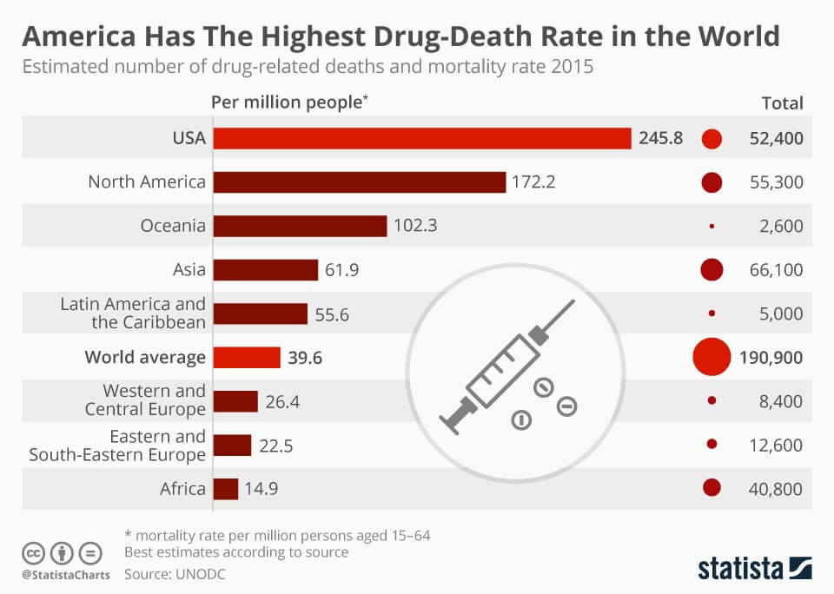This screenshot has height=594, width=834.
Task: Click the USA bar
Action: pyautogui.click(x=421, y=138)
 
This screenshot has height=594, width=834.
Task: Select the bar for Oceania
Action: pyautogui.click(x=300, y=226)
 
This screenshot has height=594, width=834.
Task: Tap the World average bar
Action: pyautogui.click(x=247, y=357)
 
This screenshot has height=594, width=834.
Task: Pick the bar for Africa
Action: pyautogui.click(x=225, y=488)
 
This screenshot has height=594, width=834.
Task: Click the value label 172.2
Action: pyautogui.click(x=533, y=182)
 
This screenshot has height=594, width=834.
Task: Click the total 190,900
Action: pyautogui.click(x=771, y=357)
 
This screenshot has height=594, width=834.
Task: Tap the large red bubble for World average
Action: pyautogui.click(x=712, y=357)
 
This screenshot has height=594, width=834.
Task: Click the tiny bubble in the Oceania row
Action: pyautogui.click(x=712, y=226)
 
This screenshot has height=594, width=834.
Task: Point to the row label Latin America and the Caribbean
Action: pyautogui.click(x=133, y=313)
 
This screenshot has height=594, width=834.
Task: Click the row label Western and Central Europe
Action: pyautogui.click(x=145, y=400)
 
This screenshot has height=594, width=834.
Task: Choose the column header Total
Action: pyautogui.click(x=782, y=102)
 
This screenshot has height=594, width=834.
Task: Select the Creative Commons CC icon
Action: pyautogui.click(x=33, y=552)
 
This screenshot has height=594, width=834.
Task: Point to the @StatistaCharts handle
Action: pyautogui.click(x=65, y=574)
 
